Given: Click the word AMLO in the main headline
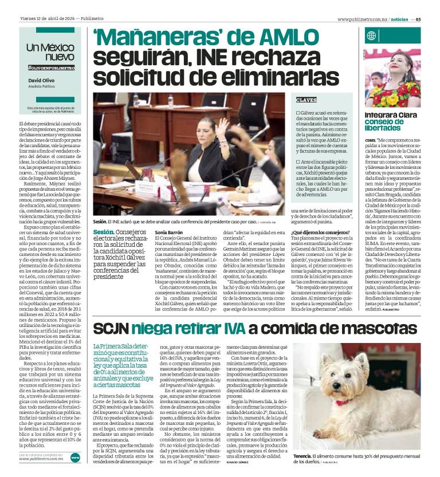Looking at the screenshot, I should (302, 39).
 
